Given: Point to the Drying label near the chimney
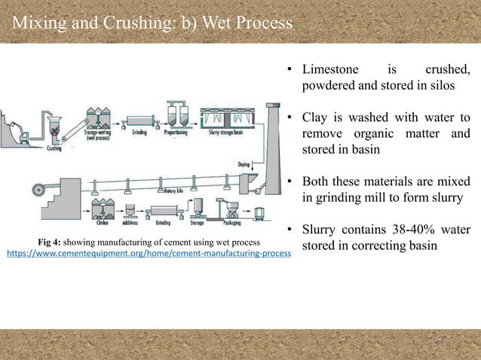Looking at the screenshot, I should (x=244, y=163).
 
